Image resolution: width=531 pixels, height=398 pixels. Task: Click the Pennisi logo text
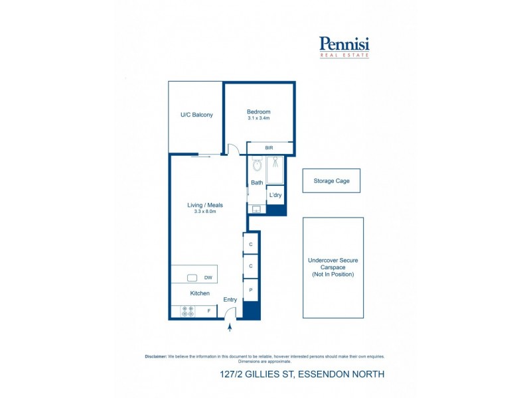click(x=344, y=44)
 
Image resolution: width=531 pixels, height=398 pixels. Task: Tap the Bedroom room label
click(x=259, y=111)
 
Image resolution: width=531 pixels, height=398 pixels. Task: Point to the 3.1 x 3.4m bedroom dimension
click(x=259, y=119)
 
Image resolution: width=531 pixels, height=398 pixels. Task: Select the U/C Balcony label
click(x=196, y=115)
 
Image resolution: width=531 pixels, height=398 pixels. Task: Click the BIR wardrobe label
click(x=269, y=148)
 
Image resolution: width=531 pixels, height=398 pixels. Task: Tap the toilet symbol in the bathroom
click(x=258, y=165)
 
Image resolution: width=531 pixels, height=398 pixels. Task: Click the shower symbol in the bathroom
click(x=275, y=164)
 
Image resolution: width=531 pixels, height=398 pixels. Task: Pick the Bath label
click(x=257, y=182)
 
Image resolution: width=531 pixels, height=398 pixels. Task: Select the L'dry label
click(x=275, y=195)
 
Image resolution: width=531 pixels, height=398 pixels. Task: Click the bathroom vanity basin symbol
click(x=256, y=209)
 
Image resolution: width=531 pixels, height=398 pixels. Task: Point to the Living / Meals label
click(x=205, y=205)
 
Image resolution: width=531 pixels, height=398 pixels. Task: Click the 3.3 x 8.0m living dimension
click(x=205, y=212)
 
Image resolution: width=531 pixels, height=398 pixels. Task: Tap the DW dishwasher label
click(x=208, y=278)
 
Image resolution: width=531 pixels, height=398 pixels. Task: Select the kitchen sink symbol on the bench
click(x=192, y=278)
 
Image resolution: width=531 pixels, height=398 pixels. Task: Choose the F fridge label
click(x=208, y=310)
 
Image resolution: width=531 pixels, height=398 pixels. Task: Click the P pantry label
click(x=251, y=290)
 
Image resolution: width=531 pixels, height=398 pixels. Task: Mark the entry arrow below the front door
click(x=230, y=326)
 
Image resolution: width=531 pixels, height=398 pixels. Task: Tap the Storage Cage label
click(x=331, y=180)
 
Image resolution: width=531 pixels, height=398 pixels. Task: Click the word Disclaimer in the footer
click(x=156, y=356)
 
